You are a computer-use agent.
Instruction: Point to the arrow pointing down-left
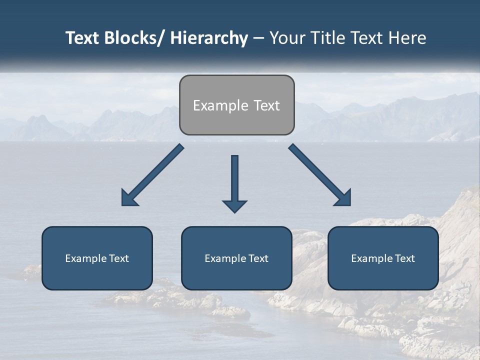point(155,172)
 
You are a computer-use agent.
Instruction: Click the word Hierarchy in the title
point(209,38)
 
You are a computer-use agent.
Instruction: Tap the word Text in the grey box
point(266,105)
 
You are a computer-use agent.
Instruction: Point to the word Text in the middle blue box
point(256,258)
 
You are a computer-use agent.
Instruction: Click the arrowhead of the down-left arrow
point(128,198)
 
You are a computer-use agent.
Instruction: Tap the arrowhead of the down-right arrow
point(344,198)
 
